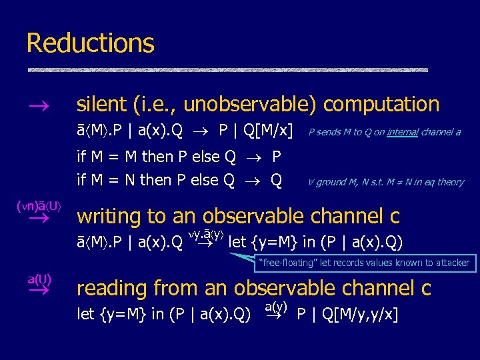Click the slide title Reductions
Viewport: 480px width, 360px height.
[90, 44]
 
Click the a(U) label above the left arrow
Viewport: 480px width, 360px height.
[39, 278]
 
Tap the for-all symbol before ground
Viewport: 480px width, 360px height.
[311, 181]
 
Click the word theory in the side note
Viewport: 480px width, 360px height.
[450, 182]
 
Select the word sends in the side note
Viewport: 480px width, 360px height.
[330, 132]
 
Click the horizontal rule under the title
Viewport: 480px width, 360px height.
[227, 70]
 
